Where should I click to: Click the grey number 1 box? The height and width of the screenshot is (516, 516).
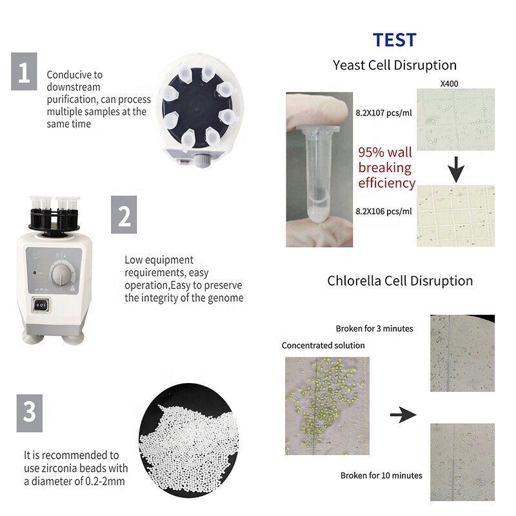24,72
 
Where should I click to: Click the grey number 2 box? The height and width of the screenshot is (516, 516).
124,214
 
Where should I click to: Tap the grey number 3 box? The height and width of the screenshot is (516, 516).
29,412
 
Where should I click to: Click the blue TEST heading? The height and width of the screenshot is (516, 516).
394,40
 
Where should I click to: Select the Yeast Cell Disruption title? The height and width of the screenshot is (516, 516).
394,65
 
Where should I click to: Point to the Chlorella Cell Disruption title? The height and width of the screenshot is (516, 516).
400,281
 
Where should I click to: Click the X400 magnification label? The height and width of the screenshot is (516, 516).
449,84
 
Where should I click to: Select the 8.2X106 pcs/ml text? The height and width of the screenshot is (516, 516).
385,210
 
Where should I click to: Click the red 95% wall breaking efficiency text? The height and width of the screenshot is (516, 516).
386,168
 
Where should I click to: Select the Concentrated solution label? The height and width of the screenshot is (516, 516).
323,346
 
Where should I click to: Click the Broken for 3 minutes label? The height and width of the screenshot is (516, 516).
374,328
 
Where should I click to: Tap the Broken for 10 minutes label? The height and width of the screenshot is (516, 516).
381,475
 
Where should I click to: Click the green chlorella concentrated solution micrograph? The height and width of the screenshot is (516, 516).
326,405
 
